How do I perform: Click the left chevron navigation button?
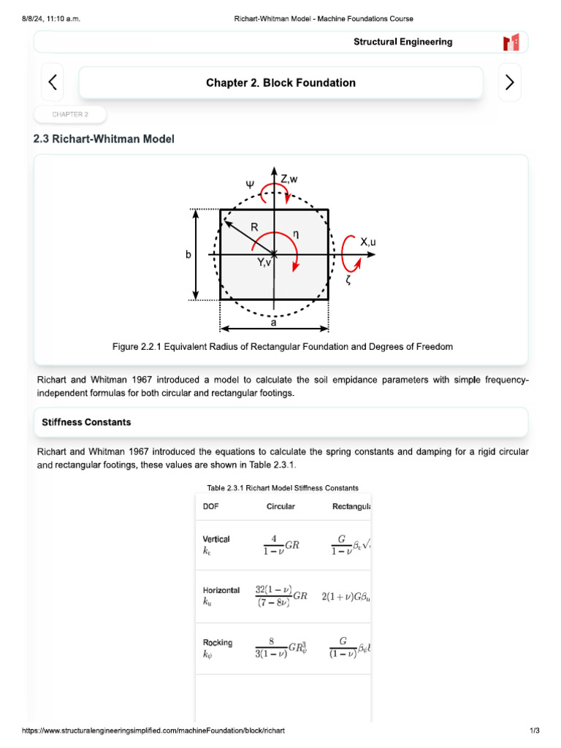point(52,83)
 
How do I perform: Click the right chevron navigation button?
point(509,83)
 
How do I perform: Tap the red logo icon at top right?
point(511,42)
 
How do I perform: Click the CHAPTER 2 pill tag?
point(70,115)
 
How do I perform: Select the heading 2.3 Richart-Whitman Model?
point(104,139)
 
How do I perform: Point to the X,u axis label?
point(368,242)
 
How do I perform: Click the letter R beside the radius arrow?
point(254,227)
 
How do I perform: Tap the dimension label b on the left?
point(188,255)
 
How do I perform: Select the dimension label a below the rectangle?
point(274,321)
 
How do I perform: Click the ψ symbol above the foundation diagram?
point(250,184)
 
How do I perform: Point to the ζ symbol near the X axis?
point(348,280)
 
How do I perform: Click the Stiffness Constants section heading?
point(87,422)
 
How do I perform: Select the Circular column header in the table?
point(281,506)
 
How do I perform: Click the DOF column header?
point(211,506)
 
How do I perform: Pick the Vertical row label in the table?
point(216,539)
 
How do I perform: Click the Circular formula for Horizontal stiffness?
point(281,596)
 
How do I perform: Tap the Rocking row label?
point(218,643)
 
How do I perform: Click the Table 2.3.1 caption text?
point(283,488)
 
